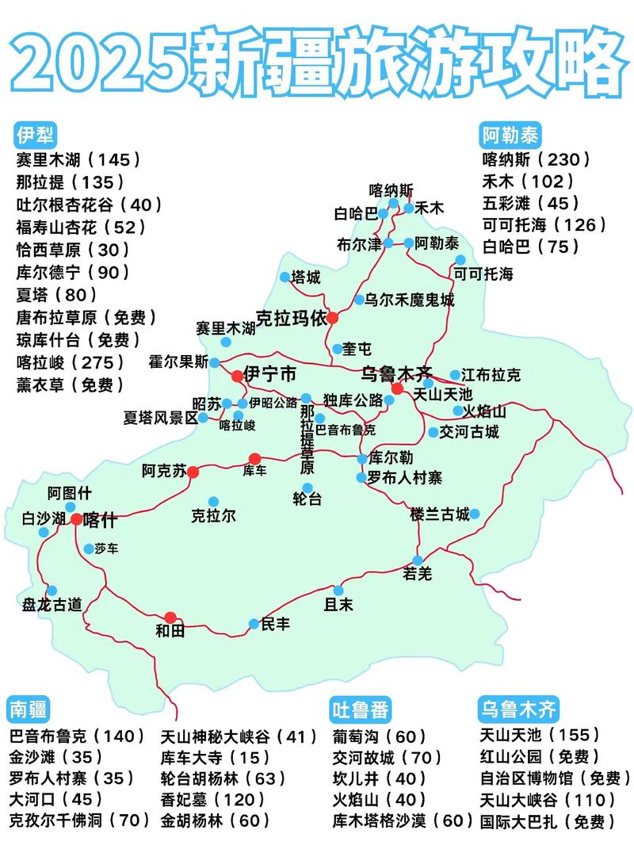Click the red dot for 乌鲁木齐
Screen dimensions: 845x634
[x=397, y=388]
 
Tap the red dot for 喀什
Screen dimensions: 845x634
[x=76, y=519]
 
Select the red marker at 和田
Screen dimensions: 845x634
[x=170, y=617]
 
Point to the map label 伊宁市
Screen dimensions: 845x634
[x=269, y=373]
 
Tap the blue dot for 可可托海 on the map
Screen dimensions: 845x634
[x=460, y=260]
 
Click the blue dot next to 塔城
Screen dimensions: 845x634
[x=285, y=277]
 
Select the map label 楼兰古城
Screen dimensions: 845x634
[x=440, y=514]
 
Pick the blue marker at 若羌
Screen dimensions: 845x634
[x=418, y=560]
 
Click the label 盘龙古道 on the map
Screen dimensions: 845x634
[x=52, y=604]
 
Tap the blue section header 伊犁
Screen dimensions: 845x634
[x=33, y=132]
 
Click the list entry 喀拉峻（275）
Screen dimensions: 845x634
[x=71, y=362]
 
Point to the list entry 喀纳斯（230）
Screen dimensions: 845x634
[x=537, y=159]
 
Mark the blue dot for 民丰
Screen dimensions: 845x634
[x=254, y=624]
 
